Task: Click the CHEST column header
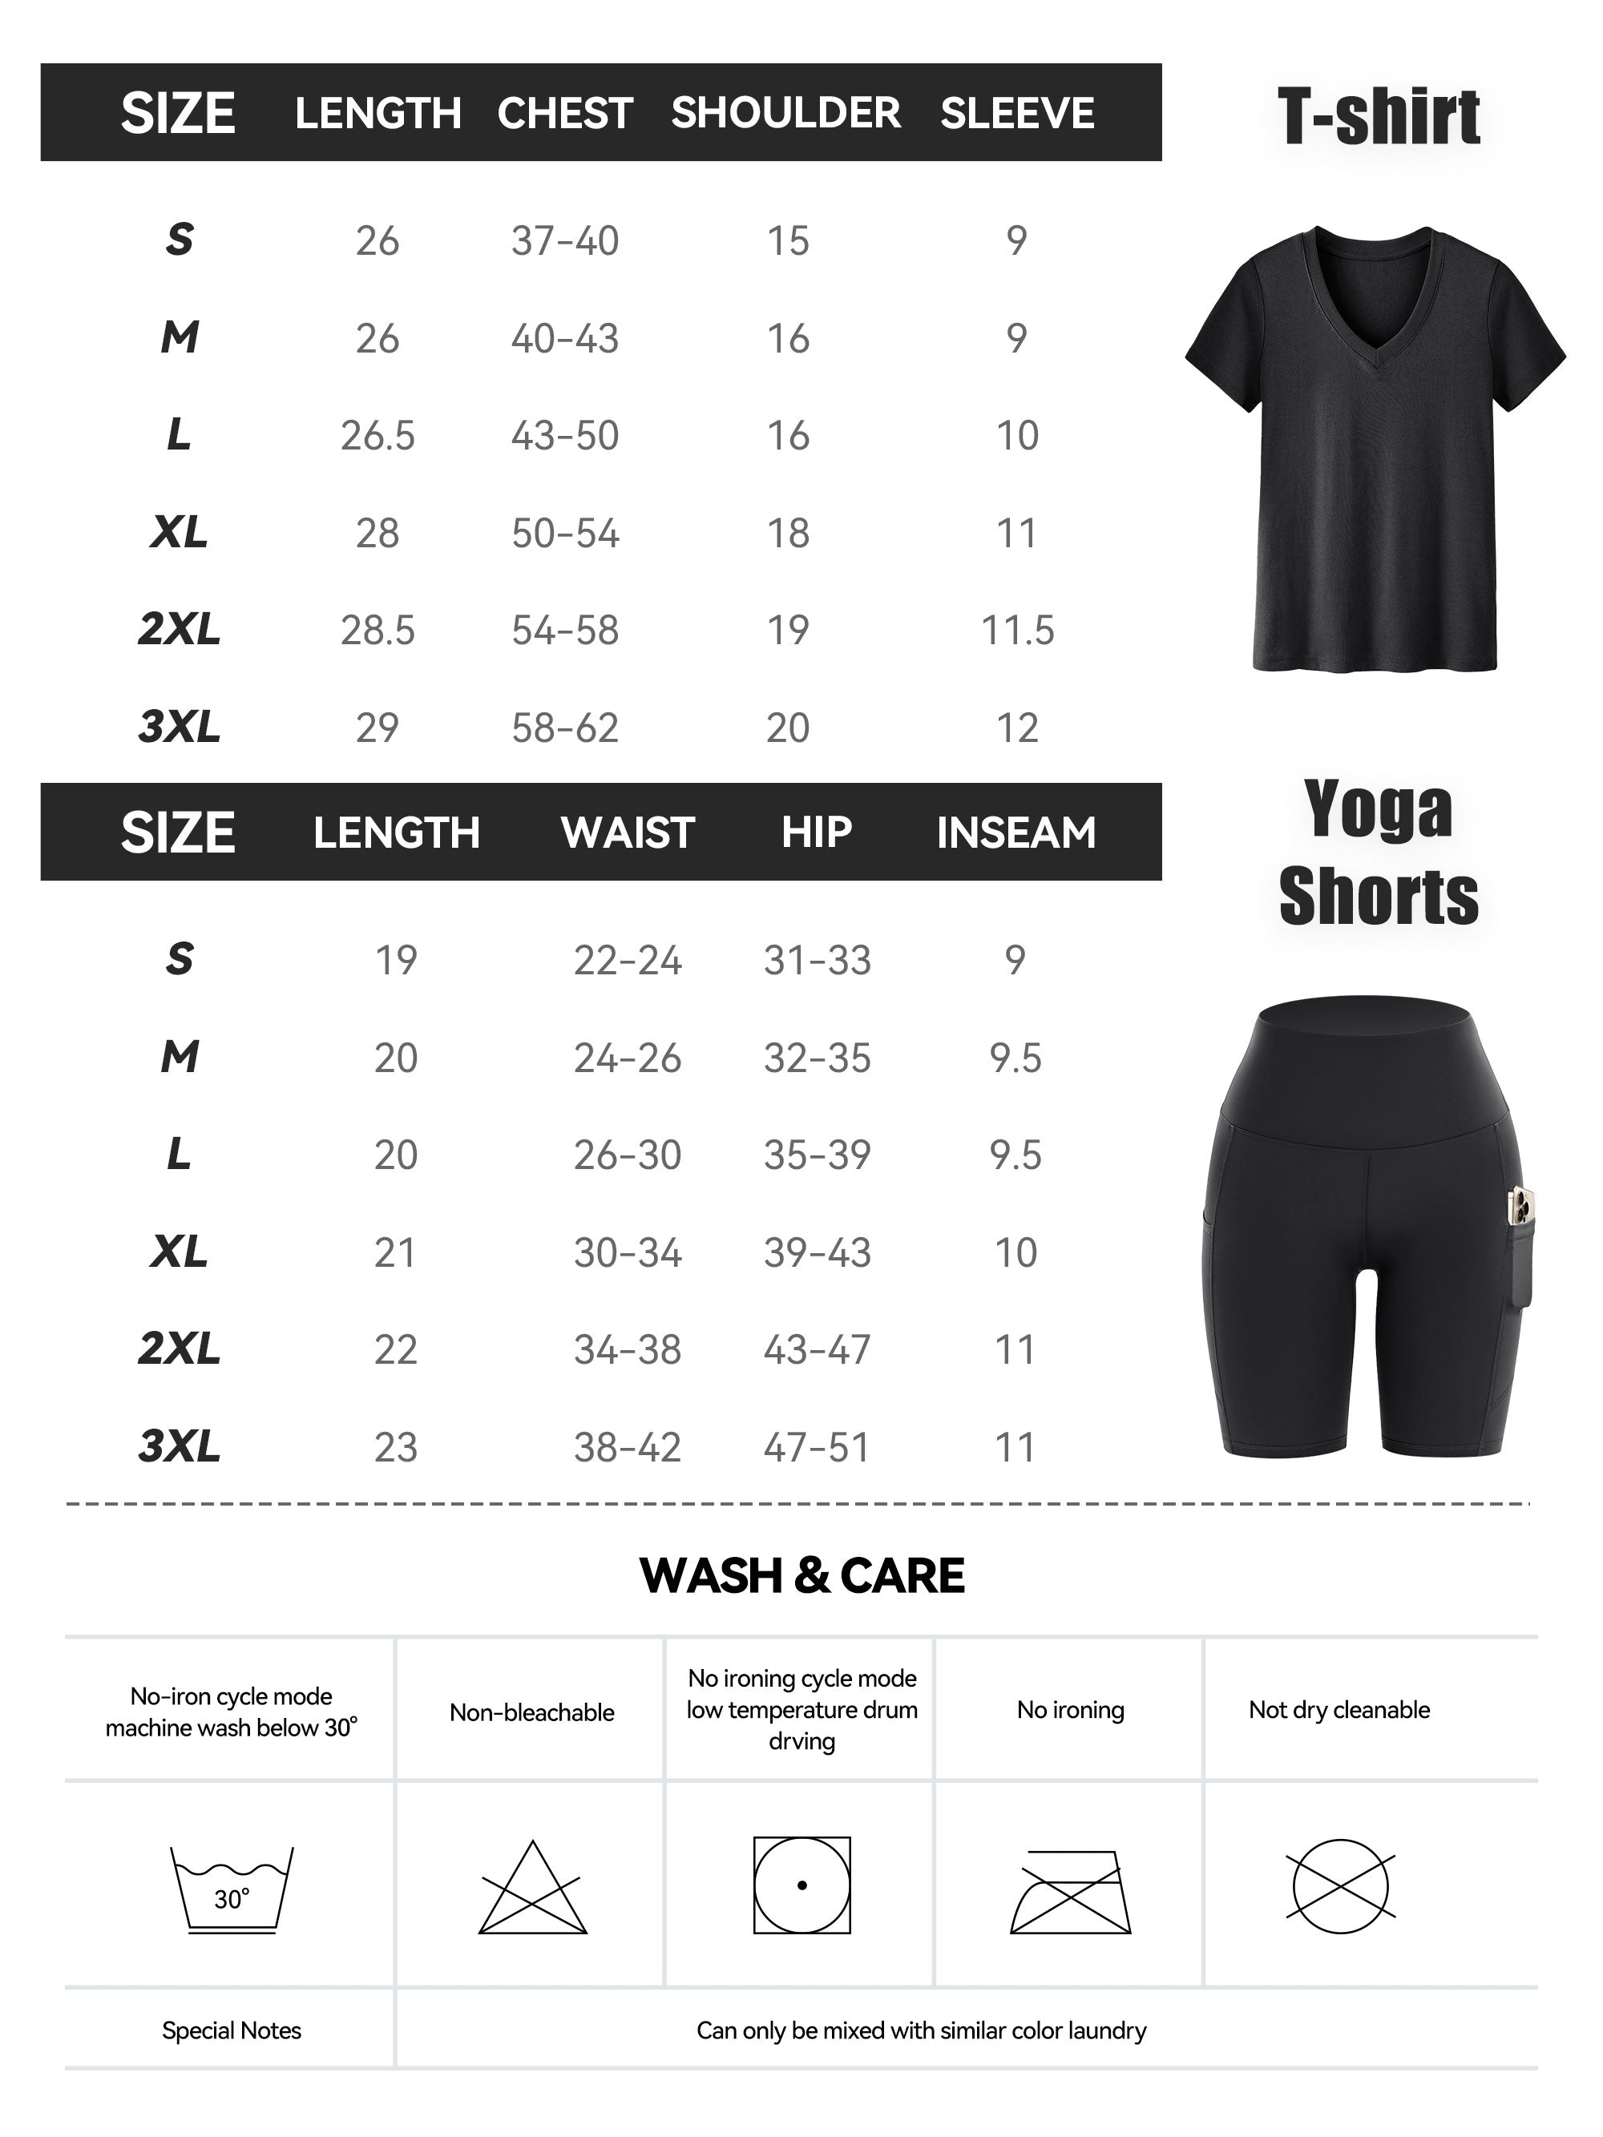(x=564, y=113)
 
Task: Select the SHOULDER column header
(x=785, y=113)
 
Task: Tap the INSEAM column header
(x=1016, y=832)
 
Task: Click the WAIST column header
(x=628, y=832)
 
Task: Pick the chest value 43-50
(x=564, y=436)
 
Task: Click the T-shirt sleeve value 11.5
(x=1016, y=630)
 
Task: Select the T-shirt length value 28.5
(x=377, y=630)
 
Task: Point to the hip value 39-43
(x=817, y=1252)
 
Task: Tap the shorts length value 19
(x=395, y=959)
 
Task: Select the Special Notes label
(x=231, y=2030)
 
